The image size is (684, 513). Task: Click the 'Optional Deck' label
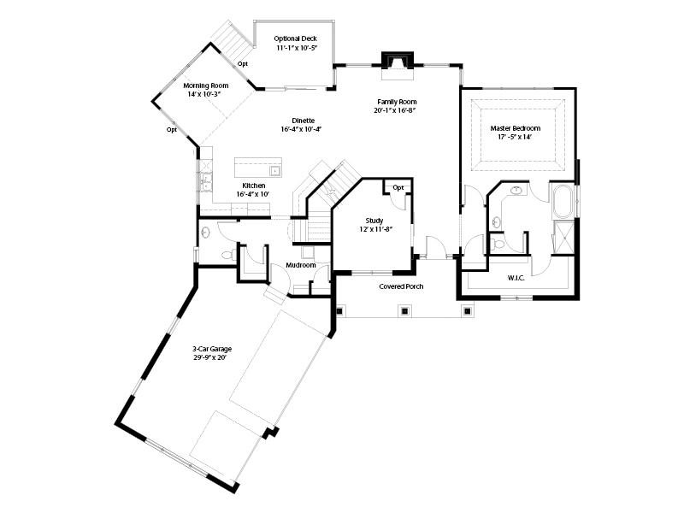point(296,38)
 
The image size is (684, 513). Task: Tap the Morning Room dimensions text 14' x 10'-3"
point(204,94)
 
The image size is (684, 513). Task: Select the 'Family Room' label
point(394,102)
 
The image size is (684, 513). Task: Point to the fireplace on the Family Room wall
point(397,61)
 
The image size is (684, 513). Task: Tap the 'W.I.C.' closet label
point(516,277)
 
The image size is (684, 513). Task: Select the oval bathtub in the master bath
point(563,203)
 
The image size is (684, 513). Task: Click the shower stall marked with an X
point(563,235)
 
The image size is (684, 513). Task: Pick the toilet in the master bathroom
point(498,244)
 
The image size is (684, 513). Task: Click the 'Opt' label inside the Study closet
point(398,187)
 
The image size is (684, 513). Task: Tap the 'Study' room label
point(374,221)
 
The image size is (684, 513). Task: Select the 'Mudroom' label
point(301,265)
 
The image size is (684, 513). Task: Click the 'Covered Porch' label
point(401,286)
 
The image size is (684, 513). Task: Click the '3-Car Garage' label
point(213,349)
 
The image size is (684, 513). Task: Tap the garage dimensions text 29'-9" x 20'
point(213,357)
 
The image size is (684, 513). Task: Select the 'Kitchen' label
point(253,186)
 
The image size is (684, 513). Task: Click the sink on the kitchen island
point(255,162)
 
